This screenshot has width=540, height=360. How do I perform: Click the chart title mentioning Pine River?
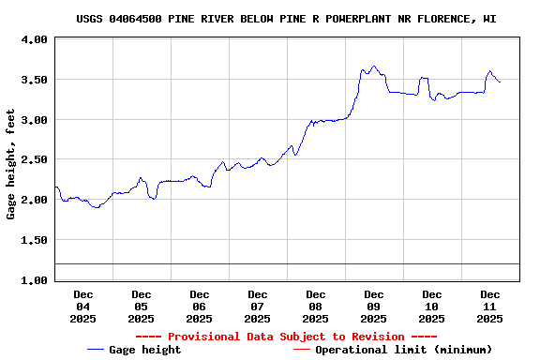coord(286,19)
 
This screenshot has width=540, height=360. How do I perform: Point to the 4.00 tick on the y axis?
coord(34,40)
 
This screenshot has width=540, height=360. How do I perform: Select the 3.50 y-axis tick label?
coord(34,81)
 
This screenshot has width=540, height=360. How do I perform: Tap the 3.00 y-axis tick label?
coord(34,120)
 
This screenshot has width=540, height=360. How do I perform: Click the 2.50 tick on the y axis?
coord(34,160)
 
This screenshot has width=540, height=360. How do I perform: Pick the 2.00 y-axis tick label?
coord(34,201)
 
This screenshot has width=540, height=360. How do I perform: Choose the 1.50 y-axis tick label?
coord(34,241)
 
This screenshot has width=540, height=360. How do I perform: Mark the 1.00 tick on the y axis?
coord(34,280)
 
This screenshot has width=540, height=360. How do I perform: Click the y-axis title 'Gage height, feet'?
coord(10,164)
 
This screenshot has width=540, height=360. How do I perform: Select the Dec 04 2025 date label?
coord(83,307)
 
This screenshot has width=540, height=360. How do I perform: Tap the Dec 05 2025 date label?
coord(142,307)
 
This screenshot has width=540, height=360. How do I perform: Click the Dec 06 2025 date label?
coord(200,307)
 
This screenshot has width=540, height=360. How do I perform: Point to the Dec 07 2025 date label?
coord(258,307)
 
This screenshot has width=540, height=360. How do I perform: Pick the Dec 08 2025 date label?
coord(316,307)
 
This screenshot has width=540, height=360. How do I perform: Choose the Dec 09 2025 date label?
coord(374,307)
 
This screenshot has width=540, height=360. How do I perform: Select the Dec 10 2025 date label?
coord(432,307)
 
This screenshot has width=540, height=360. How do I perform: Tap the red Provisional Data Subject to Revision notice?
coord(286,337)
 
